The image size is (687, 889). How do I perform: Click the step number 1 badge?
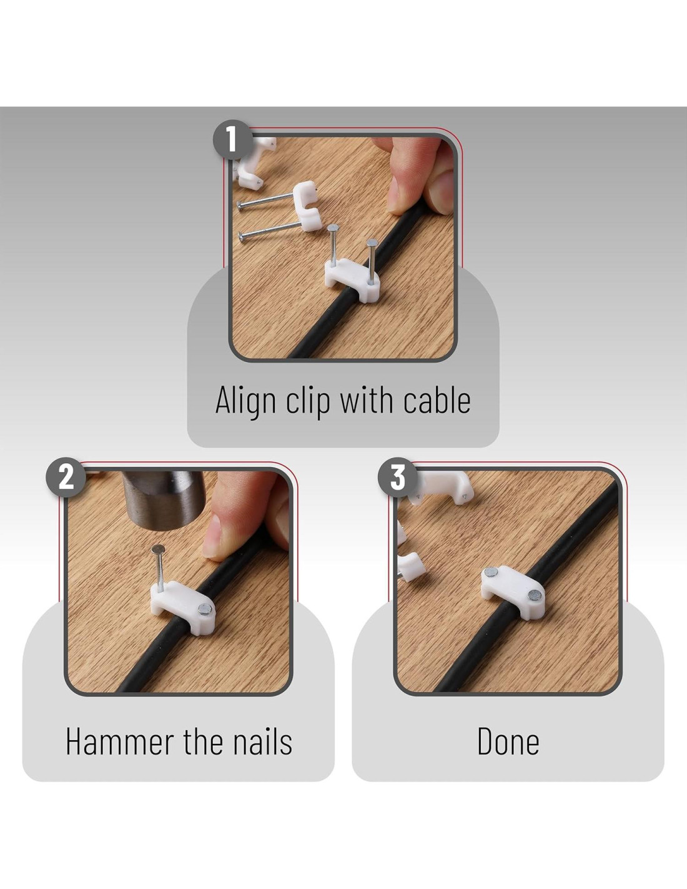(232, 140)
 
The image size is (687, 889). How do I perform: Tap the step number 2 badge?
(66, 477)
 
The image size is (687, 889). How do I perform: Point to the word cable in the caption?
(437, 399)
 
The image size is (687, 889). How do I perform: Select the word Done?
(508, 741)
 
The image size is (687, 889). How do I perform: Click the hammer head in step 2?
(164, 499)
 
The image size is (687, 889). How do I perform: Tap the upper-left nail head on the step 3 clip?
(490, 572)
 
